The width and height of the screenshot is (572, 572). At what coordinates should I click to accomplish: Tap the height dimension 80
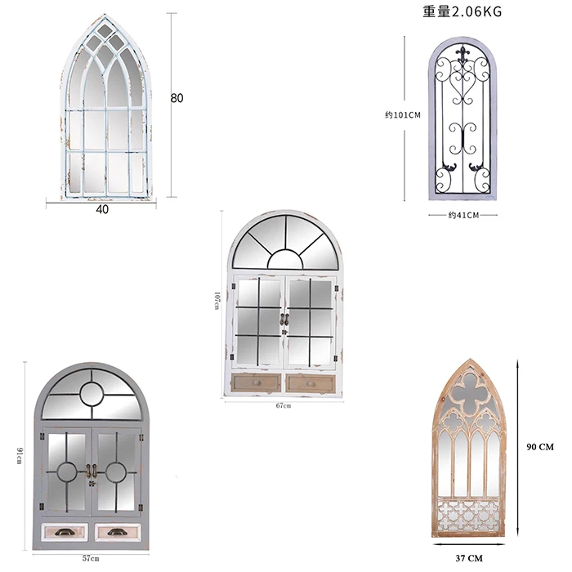point(177,98)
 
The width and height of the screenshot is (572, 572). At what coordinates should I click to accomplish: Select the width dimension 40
point(102,209)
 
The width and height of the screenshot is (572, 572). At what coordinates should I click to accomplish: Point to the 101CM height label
point(403,115)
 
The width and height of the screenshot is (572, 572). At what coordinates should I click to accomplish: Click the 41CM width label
point(463,215)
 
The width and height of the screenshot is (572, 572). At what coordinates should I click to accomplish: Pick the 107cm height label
point(217,301)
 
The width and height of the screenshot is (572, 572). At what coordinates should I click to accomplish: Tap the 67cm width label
point(283,405)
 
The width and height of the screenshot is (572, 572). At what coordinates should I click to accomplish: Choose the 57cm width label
point(90,558)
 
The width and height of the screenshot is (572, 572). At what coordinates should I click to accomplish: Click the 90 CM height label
point(541,447)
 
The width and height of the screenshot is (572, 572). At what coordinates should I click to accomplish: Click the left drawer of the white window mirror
point(257,382)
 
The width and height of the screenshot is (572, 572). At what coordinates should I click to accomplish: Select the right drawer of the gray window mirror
point(117,532)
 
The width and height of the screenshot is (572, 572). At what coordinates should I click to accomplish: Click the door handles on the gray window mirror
point(91,471)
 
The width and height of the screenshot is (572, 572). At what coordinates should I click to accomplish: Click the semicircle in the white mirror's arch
point(285,259)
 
